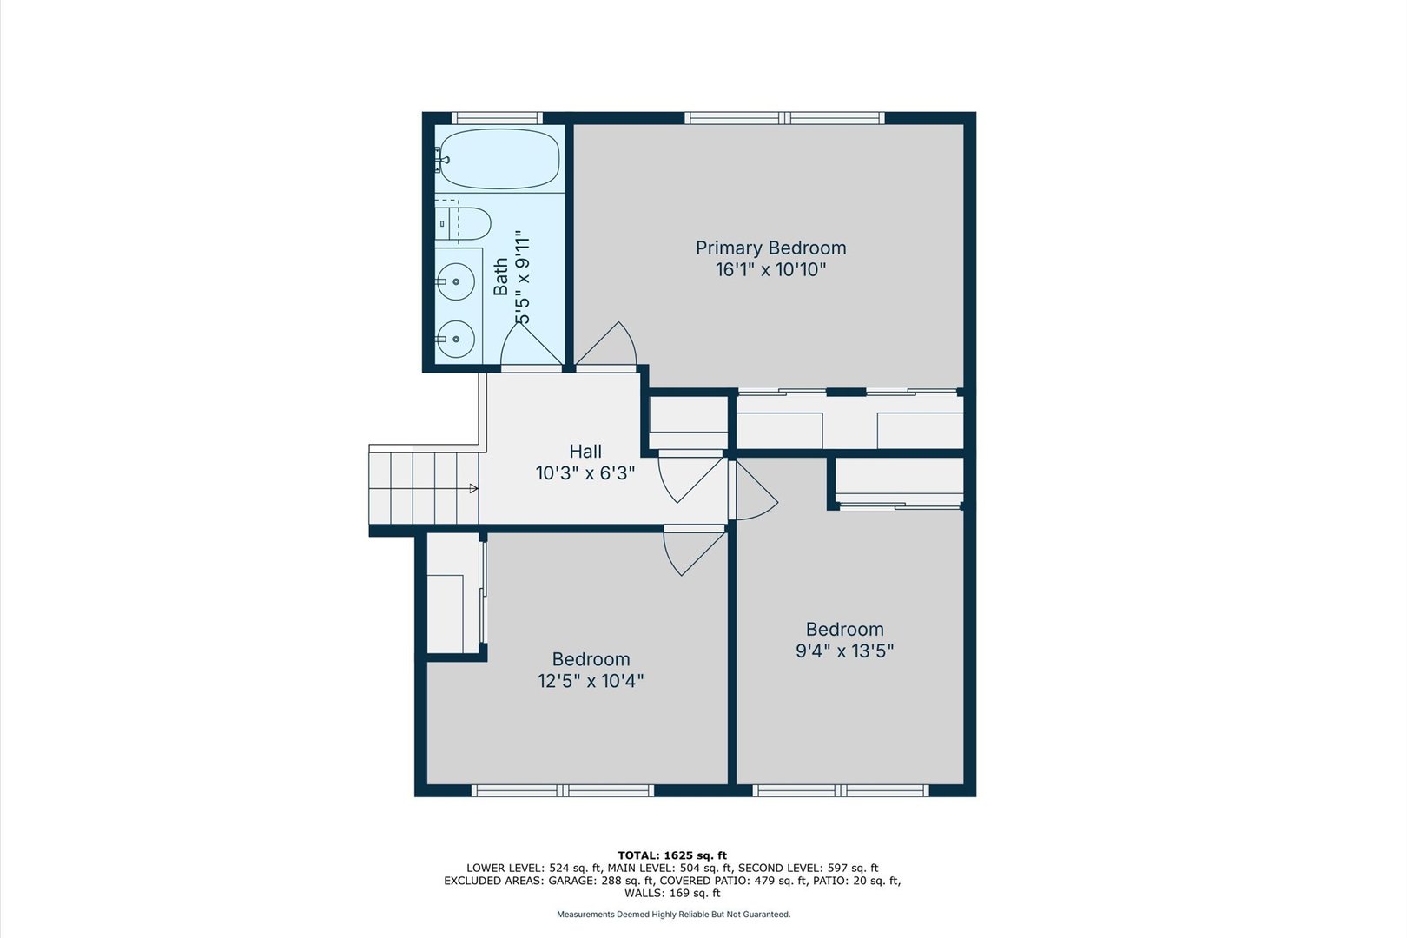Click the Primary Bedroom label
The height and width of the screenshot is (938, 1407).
click(x=770, y=248)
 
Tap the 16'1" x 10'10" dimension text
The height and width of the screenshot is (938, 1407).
click(x=770, y=270)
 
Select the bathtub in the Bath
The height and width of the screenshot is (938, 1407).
click(x=497, y=159)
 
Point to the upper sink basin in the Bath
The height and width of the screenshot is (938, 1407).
click(x=455, y=281)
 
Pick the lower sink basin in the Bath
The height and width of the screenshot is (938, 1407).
click(x=455, y=339)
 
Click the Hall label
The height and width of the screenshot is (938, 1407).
click(x=585, y=452)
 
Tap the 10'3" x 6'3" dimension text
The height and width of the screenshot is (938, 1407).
click(x=585, y=473)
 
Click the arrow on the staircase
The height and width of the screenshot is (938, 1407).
click(x=473, y=489)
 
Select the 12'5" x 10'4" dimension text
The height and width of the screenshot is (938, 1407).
click(x=591, y=681)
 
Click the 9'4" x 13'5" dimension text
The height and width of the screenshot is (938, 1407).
click(x=844, y=651)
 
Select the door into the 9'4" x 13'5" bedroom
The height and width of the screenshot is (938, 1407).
click(x=754, y=493)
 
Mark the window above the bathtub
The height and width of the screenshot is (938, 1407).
click(x=497, y=118)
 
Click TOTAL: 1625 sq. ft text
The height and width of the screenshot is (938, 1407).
click(x=672, y=855)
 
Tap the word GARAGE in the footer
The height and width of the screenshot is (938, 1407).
click(x=570, y=881)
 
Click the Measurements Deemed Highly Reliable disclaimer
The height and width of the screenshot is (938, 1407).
click(x=673, y=915)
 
